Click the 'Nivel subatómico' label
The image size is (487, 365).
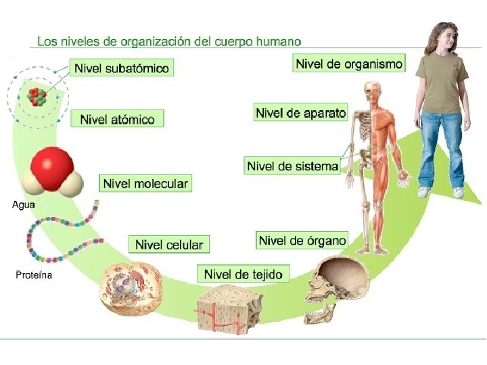coord(122,68)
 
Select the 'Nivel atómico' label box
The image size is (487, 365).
coord(118,120)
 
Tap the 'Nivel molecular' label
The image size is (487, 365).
coord(145,183)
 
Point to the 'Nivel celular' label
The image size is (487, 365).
coord(169,244)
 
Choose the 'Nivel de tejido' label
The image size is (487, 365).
coord(243,274)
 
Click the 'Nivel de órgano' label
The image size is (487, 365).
coord(302,240)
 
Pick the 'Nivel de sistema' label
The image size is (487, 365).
coord(292,166)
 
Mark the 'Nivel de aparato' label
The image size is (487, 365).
coord(301,113)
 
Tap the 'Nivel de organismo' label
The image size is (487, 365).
coord(349,64)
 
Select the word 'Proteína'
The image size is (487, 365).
coord(34,275)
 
